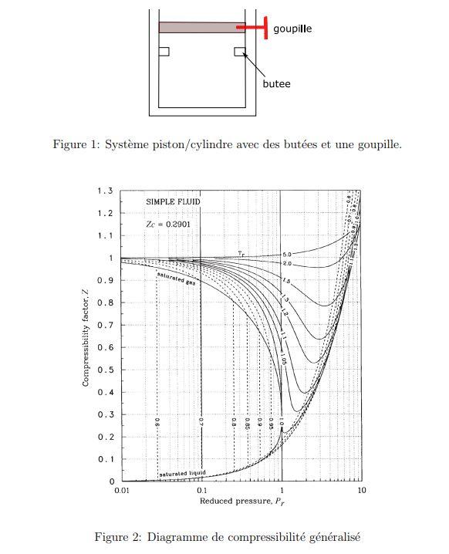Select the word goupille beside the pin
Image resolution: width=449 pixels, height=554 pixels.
(292, 28)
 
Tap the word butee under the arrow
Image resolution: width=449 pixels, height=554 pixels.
(276, 83)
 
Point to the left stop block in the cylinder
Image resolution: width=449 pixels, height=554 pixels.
(164, 51)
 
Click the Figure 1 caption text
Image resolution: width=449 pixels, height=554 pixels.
(226, 144)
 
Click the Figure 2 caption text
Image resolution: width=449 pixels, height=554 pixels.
(227, 536)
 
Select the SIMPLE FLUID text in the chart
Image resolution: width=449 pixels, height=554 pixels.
(173, 201)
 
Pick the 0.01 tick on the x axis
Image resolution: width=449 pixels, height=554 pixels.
(121, 490)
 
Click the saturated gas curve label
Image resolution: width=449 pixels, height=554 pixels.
(177, 279)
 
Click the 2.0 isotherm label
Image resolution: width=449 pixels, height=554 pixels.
(287, 264)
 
